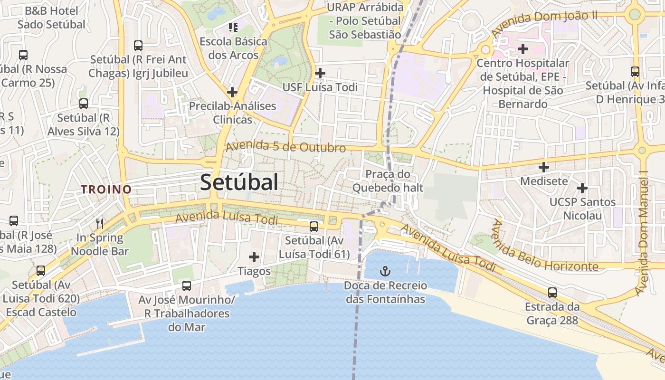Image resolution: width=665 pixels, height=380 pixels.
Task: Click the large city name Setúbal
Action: (239, 182)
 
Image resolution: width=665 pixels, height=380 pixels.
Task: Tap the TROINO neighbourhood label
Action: (106, 190)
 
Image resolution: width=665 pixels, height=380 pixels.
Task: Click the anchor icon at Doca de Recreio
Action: (385, 271)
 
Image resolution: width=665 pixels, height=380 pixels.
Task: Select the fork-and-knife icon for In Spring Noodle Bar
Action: (100, 223)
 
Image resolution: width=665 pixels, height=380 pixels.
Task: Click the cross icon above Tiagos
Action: (254, 257)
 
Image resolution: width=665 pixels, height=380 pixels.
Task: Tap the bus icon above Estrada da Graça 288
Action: (552, 293)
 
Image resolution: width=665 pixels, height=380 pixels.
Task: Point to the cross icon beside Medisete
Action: (544, 167)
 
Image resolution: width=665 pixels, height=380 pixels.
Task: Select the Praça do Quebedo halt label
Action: (388, 181)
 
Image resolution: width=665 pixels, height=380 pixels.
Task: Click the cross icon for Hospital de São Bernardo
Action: (523, 48)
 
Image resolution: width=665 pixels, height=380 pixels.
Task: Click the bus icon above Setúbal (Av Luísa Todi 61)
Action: (314, 227)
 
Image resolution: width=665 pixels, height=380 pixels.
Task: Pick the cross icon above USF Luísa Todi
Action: (320, 73)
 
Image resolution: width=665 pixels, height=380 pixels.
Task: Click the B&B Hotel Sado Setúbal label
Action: (51, 17)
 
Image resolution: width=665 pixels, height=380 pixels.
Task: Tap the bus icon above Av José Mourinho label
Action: (187, 286)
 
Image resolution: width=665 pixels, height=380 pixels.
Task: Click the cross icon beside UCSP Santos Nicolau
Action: (582, 188)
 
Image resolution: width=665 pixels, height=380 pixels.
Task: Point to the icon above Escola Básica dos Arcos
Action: (233, 28)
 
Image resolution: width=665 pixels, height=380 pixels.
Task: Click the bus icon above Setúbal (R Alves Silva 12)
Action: (84, 104)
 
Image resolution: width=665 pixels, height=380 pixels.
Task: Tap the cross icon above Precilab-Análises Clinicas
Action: (232, 92)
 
